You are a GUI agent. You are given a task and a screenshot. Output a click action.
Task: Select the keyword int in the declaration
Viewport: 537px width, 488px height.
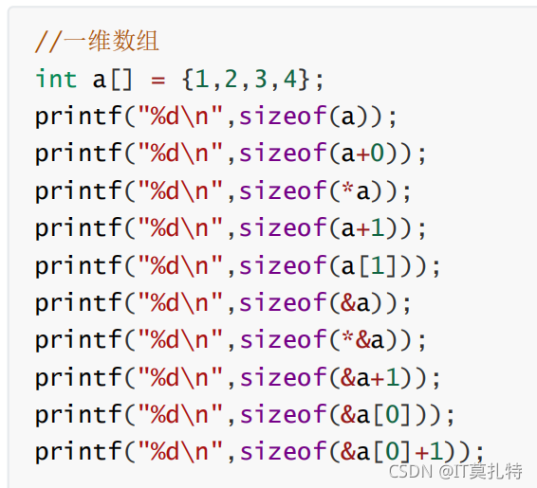56,79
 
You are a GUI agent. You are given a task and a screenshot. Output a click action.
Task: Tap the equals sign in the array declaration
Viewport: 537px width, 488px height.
157,81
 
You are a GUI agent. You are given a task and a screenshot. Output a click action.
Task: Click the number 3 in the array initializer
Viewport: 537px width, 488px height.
261,79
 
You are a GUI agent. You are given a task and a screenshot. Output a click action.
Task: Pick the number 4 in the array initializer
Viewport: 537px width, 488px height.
290,79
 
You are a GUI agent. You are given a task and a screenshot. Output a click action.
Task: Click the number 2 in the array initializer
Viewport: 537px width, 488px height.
231,79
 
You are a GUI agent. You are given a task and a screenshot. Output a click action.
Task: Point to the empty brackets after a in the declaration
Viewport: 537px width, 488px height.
121,80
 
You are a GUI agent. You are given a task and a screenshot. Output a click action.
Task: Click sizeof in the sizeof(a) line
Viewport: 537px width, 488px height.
283,116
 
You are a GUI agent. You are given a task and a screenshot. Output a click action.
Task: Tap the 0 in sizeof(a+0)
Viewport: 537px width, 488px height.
377,153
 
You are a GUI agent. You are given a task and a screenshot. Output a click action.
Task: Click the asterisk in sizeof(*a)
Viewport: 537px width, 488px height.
347,187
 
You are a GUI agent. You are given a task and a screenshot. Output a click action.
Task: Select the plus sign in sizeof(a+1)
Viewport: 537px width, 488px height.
362,228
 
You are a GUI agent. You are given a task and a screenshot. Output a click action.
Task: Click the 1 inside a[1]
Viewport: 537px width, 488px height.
378,265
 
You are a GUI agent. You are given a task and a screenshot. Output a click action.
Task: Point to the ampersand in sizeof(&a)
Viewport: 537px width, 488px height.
348,302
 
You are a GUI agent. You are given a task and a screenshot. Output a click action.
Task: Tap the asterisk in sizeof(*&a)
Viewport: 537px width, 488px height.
347,335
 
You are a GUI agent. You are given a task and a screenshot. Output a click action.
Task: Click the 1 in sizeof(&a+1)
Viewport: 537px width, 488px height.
393,377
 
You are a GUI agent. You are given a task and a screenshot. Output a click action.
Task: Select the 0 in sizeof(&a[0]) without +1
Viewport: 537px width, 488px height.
392,414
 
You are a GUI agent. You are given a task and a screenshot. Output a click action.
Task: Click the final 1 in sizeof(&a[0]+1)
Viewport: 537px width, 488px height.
437,451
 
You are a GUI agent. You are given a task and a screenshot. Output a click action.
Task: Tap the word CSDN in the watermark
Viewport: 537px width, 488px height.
410,471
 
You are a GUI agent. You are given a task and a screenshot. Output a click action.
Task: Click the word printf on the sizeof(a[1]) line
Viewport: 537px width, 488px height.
79,267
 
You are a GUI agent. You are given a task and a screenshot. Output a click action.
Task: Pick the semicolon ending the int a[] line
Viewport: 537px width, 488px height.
320,81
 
